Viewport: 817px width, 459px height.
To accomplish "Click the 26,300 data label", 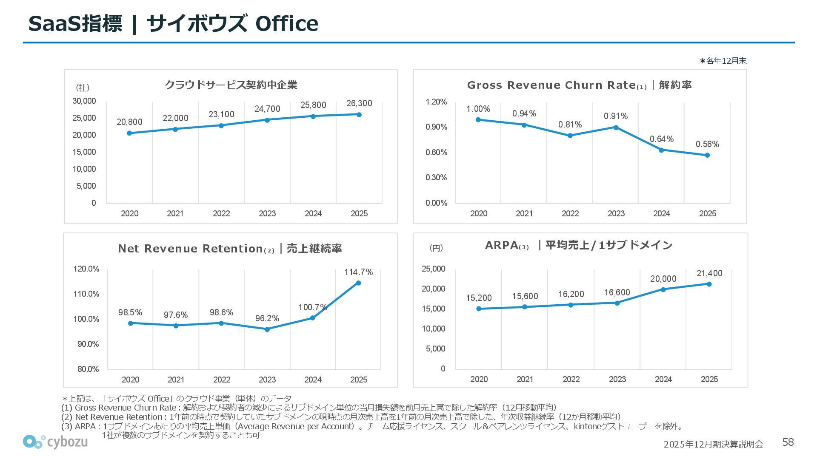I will [359, 103].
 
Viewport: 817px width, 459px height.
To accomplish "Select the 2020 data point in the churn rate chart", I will [478, 120].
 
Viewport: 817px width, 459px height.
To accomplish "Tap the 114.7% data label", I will [358, 272].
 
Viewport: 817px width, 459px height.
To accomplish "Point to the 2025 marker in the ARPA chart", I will [709, 284].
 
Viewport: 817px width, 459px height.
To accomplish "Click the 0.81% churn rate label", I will [570, 125].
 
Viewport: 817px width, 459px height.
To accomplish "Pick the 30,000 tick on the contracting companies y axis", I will [84, 101].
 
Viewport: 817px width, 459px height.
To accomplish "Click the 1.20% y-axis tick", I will [436, 102].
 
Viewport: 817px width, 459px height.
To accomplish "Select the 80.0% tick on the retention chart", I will [88, 369].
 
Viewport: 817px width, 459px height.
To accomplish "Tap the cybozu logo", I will [55, 442].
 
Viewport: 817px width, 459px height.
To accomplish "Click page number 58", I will [788, 442].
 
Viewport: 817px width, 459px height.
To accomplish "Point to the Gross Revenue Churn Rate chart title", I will [579, 85].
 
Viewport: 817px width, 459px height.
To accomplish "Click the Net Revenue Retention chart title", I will [230, 249].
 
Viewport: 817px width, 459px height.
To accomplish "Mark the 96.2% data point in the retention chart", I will [267, 329].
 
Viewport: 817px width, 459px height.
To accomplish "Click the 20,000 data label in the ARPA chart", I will [663, 279].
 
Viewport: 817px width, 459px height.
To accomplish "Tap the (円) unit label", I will [436, 248].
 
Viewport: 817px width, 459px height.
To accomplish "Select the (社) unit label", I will [83, 88].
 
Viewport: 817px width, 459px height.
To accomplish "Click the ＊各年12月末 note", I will [723, 61].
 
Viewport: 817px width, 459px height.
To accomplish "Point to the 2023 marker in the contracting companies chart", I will [267, 120].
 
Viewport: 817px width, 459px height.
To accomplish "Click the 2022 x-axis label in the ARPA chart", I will [571, 379].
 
